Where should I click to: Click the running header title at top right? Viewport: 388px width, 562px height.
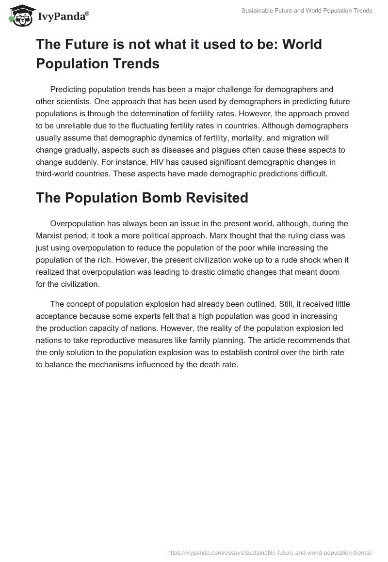coord(307,11)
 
